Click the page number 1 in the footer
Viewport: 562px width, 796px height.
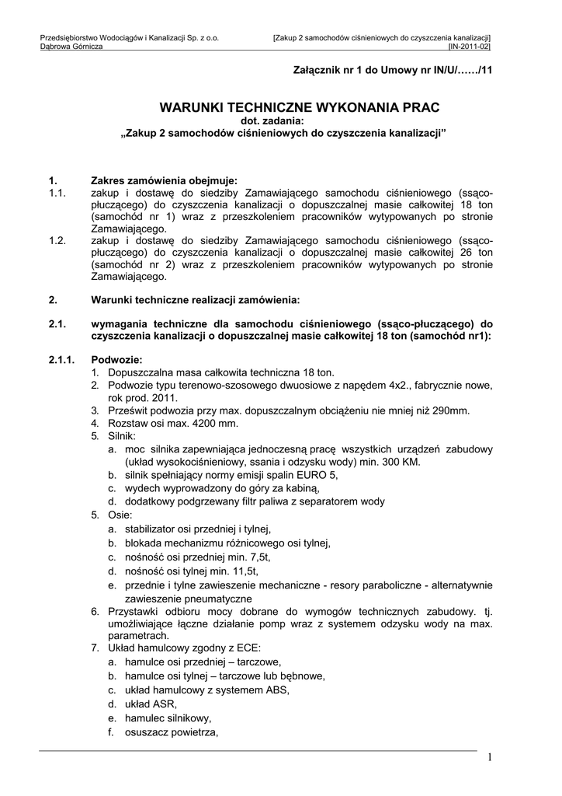[490, 758]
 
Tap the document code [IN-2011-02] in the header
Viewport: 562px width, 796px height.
[470, 47]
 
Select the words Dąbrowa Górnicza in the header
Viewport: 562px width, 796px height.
[71, 47]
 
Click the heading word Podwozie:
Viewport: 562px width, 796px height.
[116, 360]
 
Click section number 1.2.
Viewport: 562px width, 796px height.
[57, 241]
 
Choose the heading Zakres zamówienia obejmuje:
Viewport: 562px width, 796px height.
[165, 180]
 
